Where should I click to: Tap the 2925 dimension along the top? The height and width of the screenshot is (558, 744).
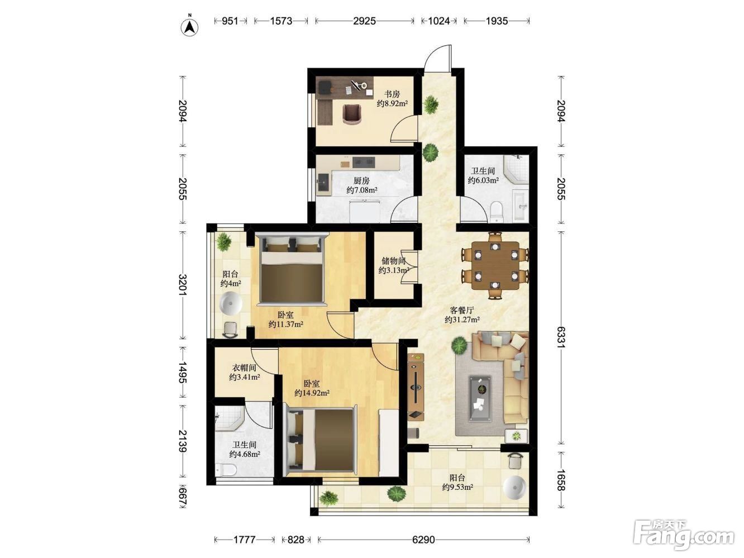[364, 21]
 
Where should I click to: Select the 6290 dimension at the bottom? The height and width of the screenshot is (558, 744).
[423, 540]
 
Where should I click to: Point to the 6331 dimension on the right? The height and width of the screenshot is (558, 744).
[561, 338]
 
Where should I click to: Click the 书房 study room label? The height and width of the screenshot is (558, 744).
[392, 94]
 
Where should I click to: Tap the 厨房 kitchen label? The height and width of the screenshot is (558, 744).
[361, 180]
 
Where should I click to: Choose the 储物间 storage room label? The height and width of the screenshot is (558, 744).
[394, 260]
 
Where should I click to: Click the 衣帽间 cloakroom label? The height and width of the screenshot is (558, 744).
[244, 368]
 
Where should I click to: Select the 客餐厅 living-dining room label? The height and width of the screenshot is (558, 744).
[462, 309]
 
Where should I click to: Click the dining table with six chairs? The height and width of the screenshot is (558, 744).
[495, 266]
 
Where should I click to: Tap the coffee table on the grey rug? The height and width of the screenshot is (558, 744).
[480, 399]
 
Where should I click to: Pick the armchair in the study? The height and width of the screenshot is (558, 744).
[352, 114]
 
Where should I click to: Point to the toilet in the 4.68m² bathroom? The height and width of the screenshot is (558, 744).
[226, 470]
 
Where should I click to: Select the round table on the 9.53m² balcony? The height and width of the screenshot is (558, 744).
[514, 488]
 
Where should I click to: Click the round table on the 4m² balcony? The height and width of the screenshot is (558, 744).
[231, 304]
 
